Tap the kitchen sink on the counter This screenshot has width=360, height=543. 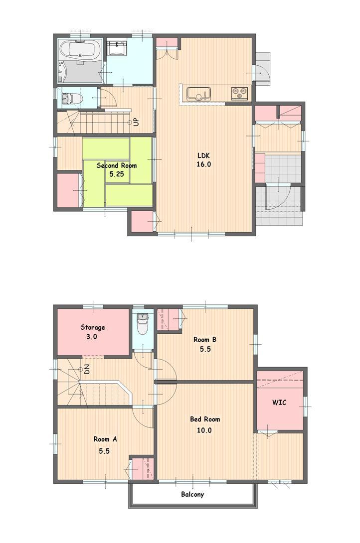[x=198, y=93]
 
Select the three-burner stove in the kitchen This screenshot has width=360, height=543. [x=239, y=93]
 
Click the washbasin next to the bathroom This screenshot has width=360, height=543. [x=118, y=47]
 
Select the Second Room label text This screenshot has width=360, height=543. [x=116, y=165]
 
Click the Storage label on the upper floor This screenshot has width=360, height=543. [x=93, y=327]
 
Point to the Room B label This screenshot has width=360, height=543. [x=205, y=340]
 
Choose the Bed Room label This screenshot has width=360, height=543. [x=204, y=419]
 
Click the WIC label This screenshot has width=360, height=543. [x=279, y=403]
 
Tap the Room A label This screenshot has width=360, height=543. [x=105, y=439]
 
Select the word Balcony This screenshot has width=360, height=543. [x=192, y=495]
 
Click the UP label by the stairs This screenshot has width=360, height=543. [x=136, y=122]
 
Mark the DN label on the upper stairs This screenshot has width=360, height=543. [x=87, y=370]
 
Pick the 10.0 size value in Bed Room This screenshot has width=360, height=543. [x=204, y=430]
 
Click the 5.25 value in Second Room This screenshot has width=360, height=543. [x=116, y=175]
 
